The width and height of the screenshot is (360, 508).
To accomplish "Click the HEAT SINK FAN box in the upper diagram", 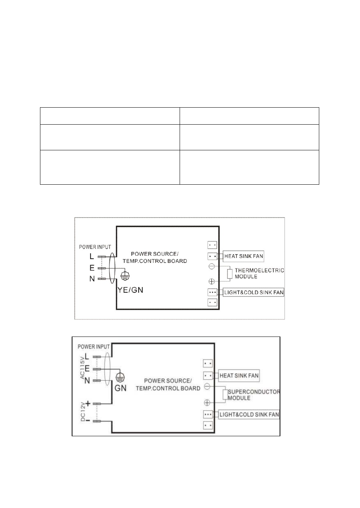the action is point(243,256).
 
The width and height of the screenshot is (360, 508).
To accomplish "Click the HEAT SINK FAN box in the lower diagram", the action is point(239,376).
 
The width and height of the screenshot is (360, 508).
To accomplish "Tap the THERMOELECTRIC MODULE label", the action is point(259,273).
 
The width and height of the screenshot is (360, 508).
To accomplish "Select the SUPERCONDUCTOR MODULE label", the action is point(254,395).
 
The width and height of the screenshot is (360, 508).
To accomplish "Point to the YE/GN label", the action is point(130,290).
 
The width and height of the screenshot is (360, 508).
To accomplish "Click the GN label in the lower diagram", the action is point(120,388).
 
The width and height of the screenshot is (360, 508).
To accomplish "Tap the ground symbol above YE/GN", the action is point(125,276).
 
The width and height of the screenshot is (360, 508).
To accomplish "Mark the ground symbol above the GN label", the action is point(120,378).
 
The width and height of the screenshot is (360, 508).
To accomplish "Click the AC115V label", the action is point(82,367).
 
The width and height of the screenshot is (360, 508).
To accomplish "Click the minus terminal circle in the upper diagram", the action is point(212,266).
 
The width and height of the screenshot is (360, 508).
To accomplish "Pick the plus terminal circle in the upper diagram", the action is point(212,282).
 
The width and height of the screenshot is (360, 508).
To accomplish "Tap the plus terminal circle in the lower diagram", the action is point(207,403).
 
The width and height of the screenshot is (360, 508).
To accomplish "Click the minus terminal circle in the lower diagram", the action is point(207,386).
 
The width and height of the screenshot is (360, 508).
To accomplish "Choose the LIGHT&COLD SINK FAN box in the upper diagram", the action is point(253,293).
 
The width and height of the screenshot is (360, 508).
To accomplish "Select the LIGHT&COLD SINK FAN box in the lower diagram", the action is point(249,415).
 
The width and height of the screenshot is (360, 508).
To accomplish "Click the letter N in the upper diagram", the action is point(92,279).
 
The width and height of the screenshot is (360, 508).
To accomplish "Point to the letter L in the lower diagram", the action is point(87,357).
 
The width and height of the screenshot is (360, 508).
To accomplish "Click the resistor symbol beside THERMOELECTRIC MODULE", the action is point(230,274).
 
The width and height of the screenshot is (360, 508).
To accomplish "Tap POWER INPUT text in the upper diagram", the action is point(95,247).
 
